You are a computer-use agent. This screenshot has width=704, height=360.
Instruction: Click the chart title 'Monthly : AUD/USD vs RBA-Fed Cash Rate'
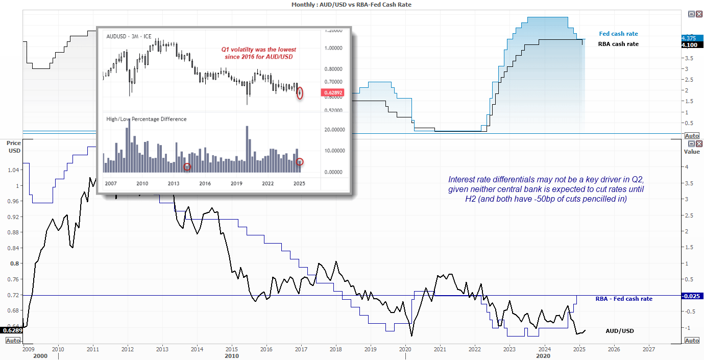(x=351, y=4)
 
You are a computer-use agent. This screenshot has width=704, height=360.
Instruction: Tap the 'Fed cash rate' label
(x=618, y=34)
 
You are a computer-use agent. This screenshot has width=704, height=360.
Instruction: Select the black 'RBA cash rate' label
(x=618, y=44)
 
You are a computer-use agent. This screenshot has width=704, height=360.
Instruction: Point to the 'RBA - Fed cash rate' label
(x=624, y=299)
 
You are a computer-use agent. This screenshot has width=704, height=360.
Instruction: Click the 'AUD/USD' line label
(x=619, y=331)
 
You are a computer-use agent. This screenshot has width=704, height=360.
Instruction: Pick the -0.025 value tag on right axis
(x=692, y=296)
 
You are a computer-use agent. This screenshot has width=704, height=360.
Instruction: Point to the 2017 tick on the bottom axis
(x=301, y=350)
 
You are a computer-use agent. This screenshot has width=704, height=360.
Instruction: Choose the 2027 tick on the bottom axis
(x=648, y=350)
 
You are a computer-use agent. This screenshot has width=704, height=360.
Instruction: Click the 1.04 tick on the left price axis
(x=14, y=170)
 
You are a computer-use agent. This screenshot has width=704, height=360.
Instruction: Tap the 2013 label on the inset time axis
(x=174, y=183)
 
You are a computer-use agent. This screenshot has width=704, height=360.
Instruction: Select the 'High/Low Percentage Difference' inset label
(x=146, y=119)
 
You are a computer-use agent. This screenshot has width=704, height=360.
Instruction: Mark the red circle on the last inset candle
(x=300, y=93)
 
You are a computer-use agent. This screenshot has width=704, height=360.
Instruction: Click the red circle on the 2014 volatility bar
(x=187, y=166)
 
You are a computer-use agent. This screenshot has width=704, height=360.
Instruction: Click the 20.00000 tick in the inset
(x=335, y=130)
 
